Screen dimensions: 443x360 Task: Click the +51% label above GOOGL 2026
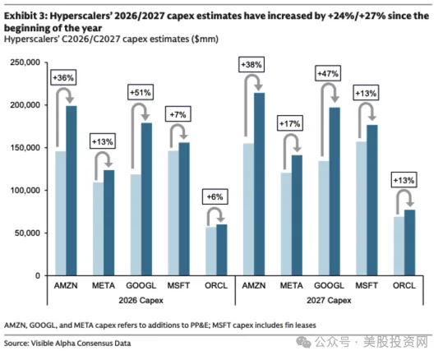[141, 92]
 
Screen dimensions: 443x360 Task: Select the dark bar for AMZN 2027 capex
[260, 184]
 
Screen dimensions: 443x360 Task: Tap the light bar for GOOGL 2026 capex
[136, 225]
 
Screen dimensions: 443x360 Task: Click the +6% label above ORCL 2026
[215, 196]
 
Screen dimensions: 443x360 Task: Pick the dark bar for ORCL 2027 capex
[409, 242]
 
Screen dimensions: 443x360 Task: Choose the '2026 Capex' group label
[141, 300]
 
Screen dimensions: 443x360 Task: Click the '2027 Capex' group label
[329, 300]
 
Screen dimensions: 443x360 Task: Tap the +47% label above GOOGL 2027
[328, 74]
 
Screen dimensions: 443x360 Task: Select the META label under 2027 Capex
[291, 286]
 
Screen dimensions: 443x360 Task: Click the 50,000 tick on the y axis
[27, 233]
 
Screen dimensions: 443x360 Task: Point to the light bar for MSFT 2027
[362, 209]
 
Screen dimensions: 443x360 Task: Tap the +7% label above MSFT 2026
[178, 114]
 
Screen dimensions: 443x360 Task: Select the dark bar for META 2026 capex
[109, 223]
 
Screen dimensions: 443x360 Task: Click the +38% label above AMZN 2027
[251, 65]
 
